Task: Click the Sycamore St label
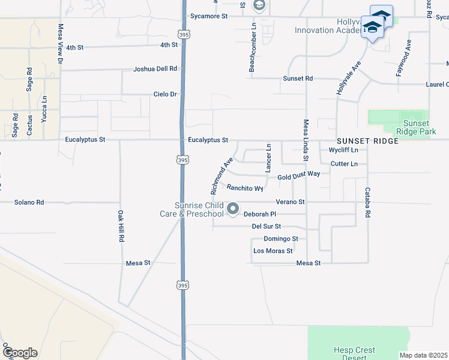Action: (x=208, y=17)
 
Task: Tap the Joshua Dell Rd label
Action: (x=155, y=69)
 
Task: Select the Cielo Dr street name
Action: (x=165, y=94)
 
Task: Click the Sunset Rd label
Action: (x=298, y=79)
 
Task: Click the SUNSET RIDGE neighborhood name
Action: (x=367, y=141)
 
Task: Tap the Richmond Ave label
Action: (x=221, y=176)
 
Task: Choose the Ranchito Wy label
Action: (x=245, y=188)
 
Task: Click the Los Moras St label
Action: (x=273, y=251)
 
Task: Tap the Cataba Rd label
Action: (x=367, y=202)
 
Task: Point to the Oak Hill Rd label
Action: (x=121, y=226)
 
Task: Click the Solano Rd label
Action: (x=29, y=202)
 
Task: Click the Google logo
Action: (x=20, y=352)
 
